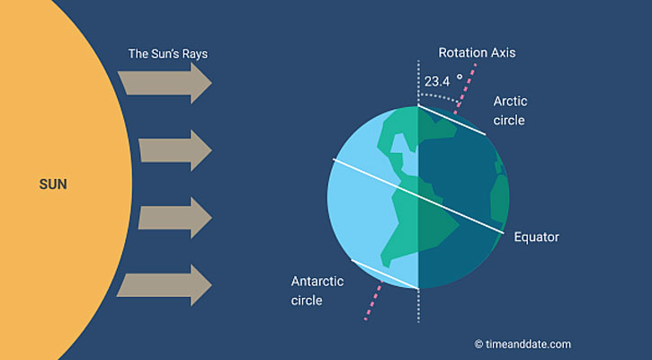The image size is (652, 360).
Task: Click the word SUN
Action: tap(53, 184)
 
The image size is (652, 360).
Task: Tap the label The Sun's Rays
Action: tap(168, 54)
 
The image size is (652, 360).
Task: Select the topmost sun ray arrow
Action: tap(165, 83)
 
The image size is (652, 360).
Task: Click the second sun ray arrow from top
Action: tap(175, 150)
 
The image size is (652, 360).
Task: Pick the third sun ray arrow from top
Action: tap(175, 218)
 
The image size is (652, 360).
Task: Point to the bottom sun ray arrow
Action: tap(165, 285)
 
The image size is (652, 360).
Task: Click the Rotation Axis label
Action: tap(477, 53)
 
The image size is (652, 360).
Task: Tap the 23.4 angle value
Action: tap(437, 82)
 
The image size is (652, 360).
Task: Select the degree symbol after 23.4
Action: tap(460, 77)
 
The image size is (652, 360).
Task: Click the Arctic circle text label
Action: tap(510, 111)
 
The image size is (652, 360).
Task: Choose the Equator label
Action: tap(536, 237)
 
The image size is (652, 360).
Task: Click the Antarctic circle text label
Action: tap(317, 291)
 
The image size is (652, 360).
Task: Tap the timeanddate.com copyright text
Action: tap(527, 344)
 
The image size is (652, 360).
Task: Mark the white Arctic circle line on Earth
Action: tap(451, 120)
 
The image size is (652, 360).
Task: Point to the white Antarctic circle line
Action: tap(385, 274)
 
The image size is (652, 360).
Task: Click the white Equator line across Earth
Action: tap(418, 196)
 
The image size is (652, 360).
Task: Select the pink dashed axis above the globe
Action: tap(465, 88)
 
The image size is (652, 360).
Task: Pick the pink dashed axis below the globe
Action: tap(373, 300)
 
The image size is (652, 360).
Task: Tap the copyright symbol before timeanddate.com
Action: tap(478, 344)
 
